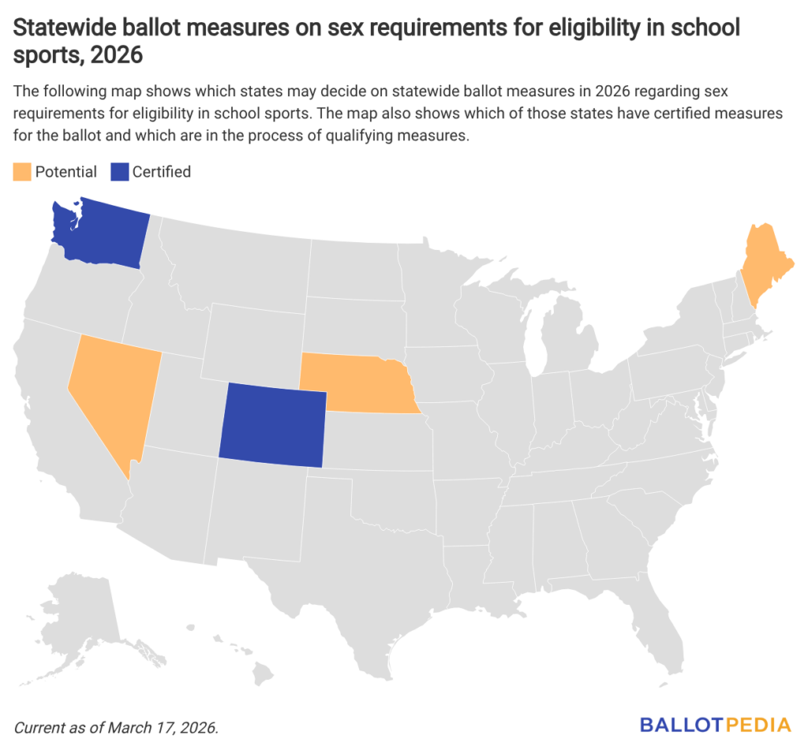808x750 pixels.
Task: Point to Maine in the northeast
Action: click(x=763, y=260)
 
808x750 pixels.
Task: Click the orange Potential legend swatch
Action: click(x=21, y=171)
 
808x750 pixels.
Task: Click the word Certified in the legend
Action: click(x=161, y=171)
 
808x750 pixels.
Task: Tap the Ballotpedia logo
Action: click(x=715, y=723)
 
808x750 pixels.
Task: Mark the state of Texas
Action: click(x=355, y=576)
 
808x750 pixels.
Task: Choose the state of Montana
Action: click(x=237, y=260)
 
